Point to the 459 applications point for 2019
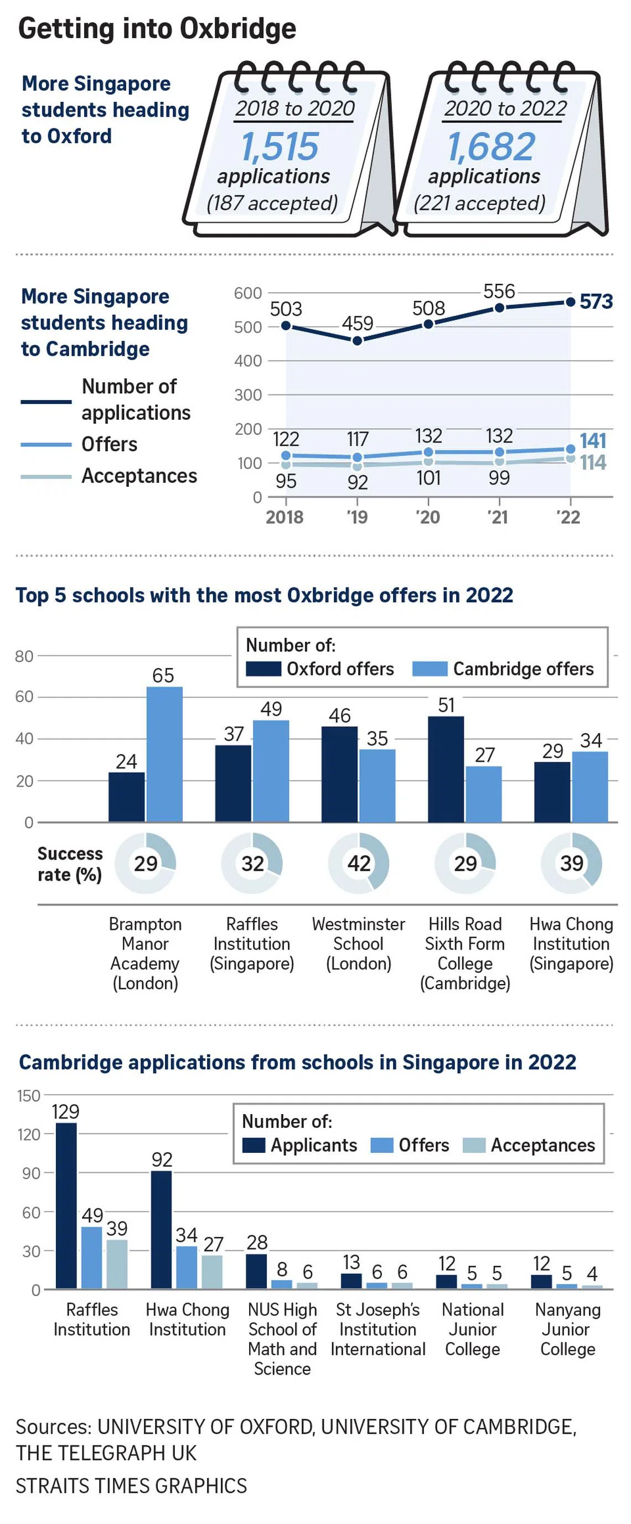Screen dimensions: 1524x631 (357, 341)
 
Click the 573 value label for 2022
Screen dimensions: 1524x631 (596, 301)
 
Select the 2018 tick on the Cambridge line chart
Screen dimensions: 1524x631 (285, 517)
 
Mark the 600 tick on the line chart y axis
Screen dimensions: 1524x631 (247, 293)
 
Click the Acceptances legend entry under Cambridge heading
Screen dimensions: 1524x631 (138, 476)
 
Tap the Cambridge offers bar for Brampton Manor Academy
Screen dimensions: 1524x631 (164, 754)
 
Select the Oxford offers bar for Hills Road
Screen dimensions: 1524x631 (446, 768)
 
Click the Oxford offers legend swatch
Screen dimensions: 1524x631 (263, 669)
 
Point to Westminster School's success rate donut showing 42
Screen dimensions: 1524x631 (359, 863)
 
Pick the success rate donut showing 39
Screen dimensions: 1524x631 (571, 863)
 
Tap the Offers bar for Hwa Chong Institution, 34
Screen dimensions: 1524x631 (187, 1267)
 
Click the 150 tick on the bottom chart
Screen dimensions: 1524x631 (28, 1095)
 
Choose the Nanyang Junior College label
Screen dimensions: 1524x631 (567, 1329)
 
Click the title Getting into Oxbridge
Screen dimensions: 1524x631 (157, 28)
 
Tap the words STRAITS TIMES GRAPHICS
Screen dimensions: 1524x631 (131, 1485)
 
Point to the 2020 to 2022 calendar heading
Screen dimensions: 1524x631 (505, 108)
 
